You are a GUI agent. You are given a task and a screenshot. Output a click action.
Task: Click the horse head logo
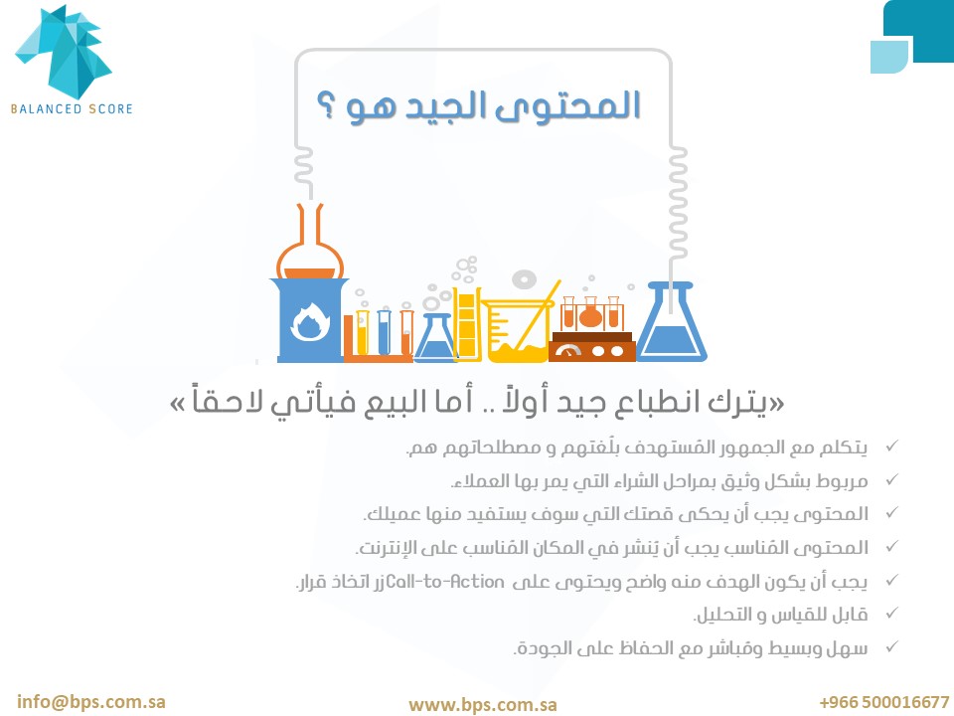[x=64, y=52]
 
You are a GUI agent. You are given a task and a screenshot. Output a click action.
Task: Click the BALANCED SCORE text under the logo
[x=72, y=109]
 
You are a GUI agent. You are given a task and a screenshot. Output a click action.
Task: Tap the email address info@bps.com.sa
[x=91, y=701]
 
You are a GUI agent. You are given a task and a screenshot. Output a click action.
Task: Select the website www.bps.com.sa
[x=483, y=704]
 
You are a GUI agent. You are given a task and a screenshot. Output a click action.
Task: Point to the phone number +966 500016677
[x=884, y=702]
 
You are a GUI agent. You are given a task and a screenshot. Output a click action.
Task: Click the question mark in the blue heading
[x=326, y=106]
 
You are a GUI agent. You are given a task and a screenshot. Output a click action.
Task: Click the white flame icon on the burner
[x=310, y=321]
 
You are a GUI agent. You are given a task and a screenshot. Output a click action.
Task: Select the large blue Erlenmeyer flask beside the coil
[x=671, y=322]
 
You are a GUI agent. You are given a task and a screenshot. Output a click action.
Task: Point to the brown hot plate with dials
[x=591, y=347]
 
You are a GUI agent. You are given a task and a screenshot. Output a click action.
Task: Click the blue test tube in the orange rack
[x=384, y=332]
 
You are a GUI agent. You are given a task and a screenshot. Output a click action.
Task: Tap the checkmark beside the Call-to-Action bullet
[x=891, y=580]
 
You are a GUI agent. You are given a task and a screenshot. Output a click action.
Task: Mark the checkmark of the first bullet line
[x=891, y=447]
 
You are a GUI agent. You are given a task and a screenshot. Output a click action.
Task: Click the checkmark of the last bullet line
[x=891, y=646]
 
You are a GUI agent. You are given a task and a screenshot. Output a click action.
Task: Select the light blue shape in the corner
[x=888, y=58]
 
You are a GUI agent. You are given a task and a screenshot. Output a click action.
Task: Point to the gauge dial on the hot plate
[x=568, y=351]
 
